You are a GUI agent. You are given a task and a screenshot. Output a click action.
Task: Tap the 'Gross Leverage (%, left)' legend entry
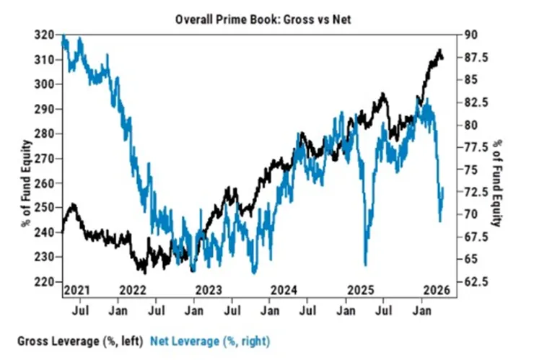pyautogui.click(x=79, y=339)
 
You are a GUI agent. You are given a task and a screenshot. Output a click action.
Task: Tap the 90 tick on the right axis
pyautogui.click(x=470, y=35)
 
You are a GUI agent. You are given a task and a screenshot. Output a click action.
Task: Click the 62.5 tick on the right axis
pyautogui.click(x=476, y=281)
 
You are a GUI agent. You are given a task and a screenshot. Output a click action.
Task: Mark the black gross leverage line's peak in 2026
pyautogui.click(x=439, y=51)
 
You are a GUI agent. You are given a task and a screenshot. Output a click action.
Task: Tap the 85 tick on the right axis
pyautogui.click(x=470, y=79)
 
